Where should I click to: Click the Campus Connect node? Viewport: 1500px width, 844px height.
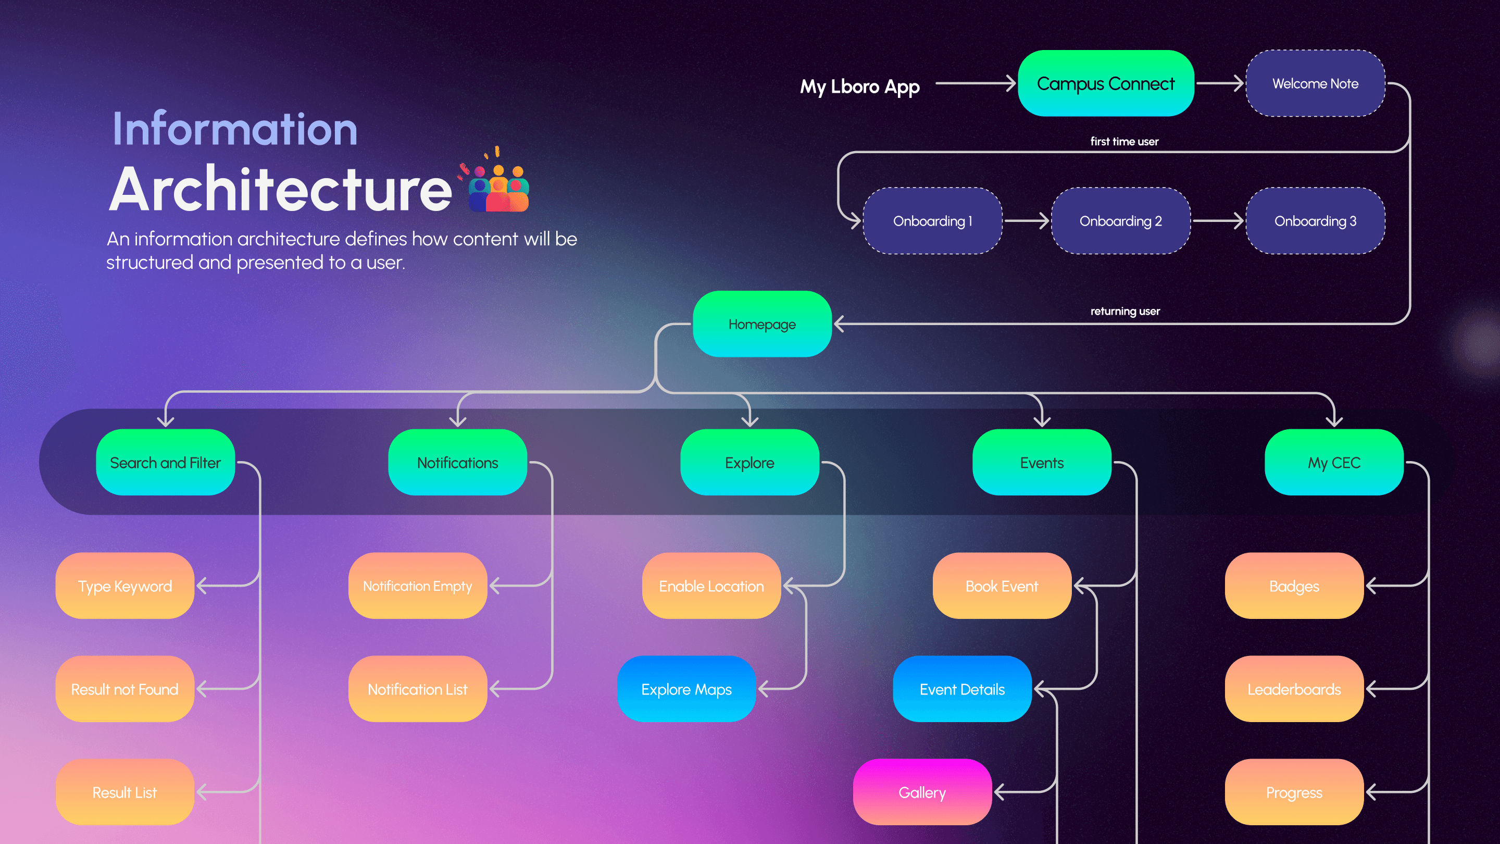click(1105, 83)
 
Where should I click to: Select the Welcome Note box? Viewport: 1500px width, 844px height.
click(1315, 83)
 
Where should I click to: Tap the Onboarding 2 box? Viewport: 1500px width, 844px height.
click(1120, 221)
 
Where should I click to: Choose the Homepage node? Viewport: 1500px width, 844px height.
click(761, 324)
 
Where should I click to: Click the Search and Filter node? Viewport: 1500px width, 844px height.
click(166, 463)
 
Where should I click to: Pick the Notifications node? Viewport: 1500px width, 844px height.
click(458, 463)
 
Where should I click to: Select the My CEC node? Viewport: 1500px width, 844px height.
click(1333, 463)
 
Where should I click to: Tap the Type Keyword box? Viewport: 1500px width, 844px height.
click(124, 586)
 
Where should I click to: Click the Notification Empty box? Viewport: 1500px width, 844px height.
click(418, 586)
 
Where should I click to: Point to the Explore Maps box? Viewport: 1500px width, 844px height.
click(686, 689)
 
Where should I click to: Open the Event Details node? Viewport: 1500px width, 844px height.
click(962, 689)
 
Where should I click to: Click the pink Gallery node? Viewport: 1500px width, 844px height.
click(922, 792)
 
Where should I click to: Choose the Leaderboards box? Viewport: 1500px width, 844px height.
click(1294, 689)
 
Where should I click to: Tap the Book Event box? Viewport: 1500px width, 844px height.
click(1002, 586)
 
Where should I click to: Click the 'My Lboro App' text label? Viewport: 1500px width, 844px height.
click(859, 86)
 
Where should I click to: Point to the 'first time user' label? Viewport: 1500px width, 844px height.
click(1124, 142)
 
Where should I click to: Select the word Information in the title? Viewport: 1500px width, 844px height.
click(235, 129)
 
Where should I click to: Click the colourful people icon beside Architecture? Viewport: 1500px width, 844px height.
click(498, 187)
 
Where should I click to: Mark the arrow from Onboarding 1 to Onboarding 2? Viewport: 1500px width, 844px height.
click(1026, 221)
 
